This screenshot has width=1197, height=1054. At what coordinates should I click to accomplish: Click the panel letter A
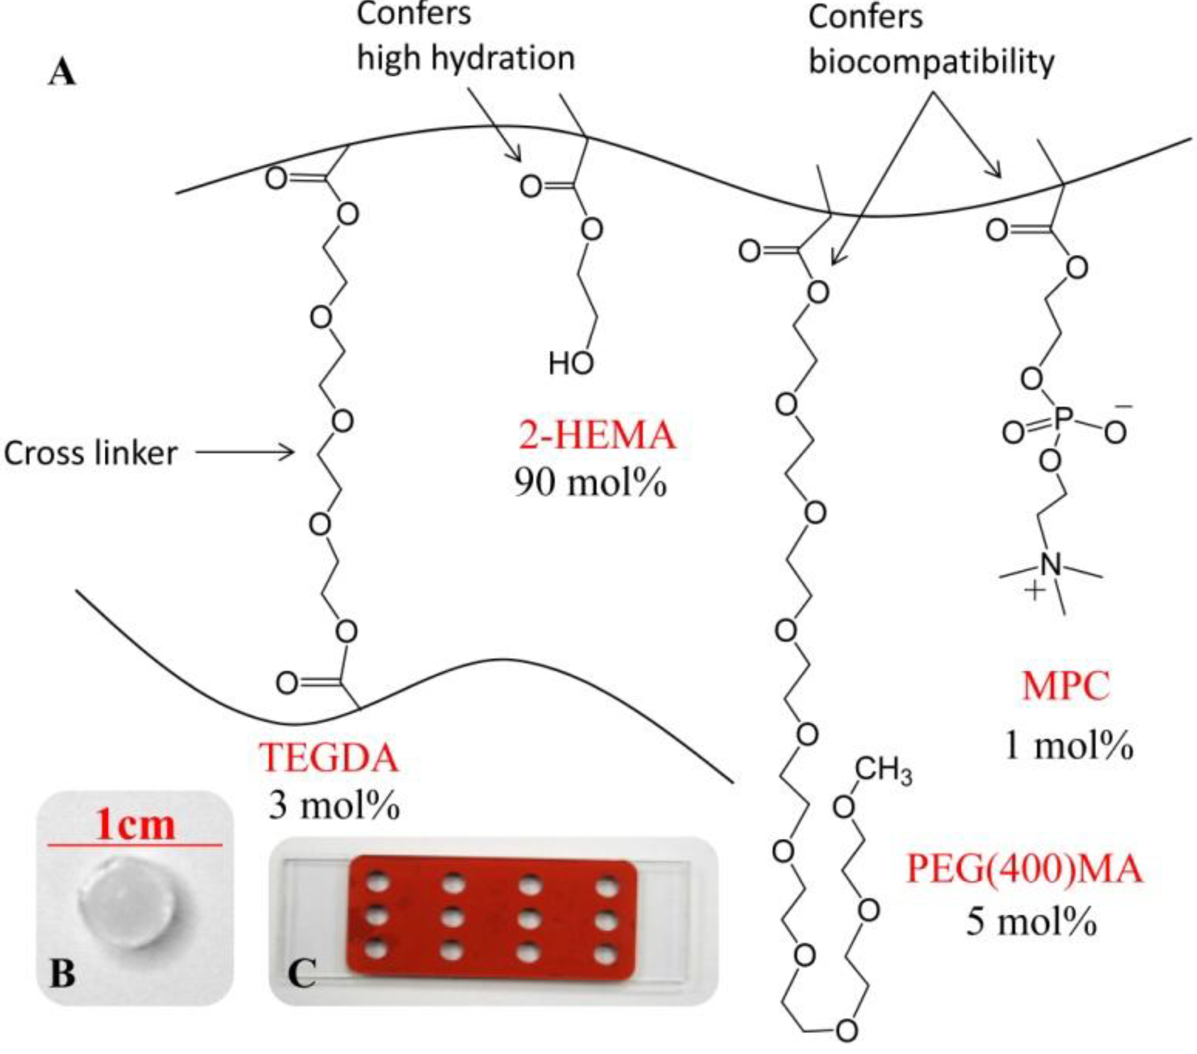[x=62, y=75]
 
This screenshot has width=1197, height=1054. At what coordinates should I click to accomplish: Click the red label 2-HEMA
[x=597, y=436]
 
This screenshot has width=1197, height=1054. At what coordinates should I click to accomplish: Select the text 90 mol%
[x=590, y=484]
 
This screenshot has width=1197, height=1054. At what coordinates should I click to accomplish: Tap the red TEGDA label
[x=328, y=758]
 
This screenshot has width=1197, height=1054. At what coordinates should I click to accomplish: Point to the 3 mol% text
[x=334, y=806]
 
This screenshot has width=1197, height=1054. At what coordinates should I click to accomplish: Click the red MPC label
[x=1066, y=686]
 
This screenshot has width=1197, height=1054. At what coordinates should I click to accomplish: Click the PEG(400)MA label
[x=1024, y=869]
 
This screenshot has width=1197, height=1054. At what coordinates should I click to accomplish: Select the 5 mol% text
[x=1031, y=922]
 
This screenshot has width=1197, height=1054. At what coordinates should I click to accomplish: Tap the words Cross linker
[x=90, y=453]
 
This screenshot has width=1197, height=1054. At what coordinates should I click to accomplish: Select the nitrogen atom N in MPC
[x=1050, y=564]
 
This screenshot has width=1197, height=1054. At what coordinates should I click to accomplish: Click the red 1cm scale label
[x=135, y=826]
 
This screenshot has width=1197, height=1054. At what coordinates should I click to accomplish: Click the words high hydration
[x=466, y=57]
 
